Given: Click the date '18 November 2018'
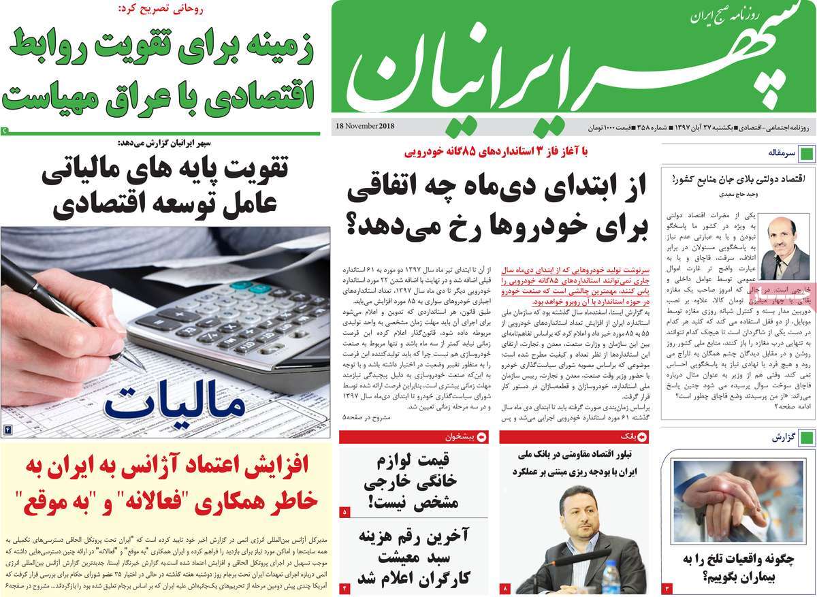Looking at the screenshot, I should point(365,127).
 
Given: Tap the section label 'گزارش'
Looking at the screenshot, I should point(783,438).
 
